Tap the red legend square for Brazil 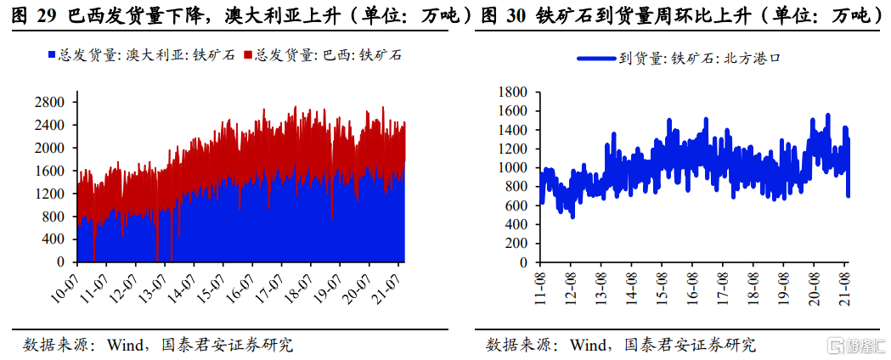[248, 55]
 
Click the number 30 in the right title [514, 15]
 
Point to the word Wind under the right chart [588, 345]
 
